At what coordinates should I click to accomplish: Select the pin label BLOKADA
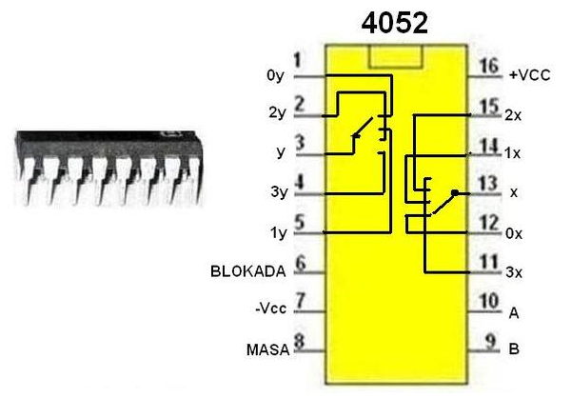247,271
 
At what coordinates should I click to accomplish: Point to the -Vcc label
269,308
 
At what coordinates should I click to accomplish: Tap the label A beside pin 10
514,311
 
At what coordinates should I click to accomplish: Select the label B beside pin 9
514,349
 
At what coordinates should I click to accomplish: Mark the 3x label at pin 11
515,272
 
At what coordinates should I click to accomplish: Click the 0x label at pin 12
515,232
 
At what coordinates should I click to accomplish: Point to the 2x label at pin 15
515,114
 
